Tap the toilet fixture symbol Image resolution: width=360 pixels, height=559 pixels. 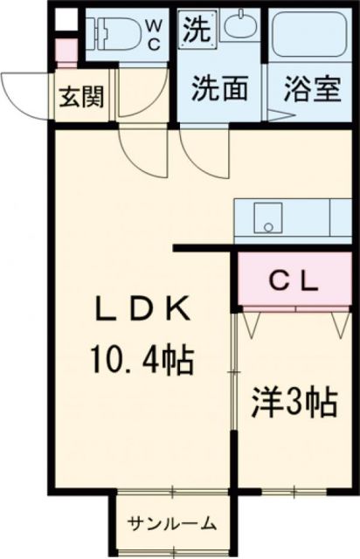coord(110,33)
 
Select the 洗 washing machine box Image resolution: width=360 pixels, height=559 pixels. coord(196,31)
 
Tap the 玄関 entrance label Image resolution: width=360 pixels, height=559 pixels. coord(80,95)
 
